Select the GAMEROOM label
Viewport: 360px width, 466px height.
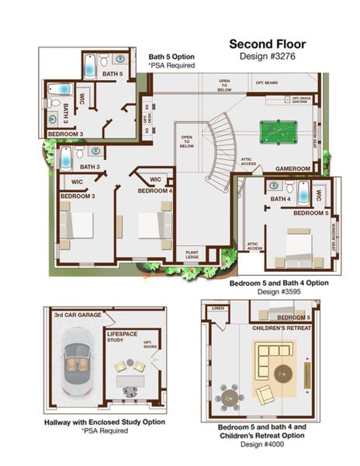293,169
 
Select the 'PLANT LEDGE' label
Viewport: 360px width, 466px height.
192,256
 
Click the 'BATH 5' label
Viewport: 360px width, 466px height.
112,74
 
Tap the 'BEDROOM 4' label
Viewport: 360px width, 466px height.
155,190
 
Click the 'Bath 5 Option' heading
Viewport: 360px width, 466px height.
171,57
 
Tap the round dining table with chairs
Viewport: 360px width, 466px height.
229,397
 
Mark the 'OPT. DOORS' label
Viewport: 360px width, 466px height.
149,343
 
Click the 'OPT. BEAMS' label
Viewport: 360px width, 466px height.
265,82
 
